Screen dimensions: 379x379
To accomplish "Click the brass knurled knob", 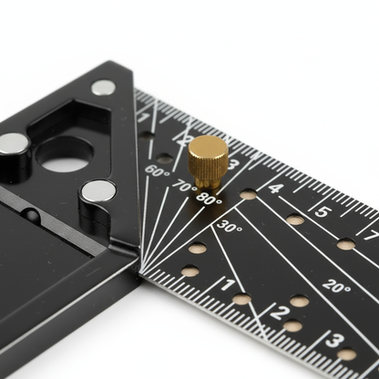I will pos(208,160).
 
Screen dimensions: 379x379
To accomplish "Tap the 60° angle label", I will pos(157,171).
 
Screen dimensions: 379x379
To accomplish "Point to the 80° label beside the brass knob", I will pos(209,199).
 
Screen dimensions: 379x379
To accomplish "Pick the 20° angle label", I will pos(335,286).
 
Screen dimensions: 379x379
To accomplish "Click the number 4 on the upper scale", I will pos(276,189).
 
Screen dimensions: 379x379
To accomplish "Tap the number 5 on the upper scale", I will pos(322,211).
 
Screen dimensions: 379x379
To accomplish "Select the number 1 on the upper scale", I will pos(144,118).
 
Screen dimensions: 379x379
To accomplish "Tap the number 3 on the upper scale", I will pos(233,165).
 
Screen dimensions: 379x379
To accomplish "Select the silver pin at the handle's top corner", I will pos(103,87).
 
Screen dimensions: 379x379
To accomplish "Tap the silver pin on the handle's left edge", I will pos(13,143).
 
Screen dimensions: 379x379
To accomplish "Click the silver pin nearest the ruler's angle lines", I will pos(98,191).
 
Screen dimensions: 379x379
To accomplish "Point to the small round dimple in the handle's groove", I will pos(32,216).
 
